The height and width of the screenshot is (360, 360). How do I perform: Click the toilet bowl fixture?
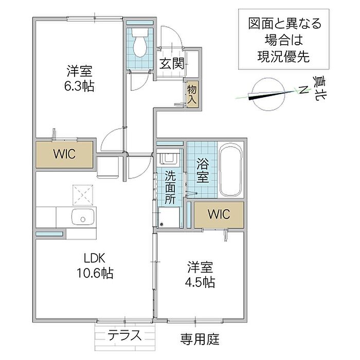[x=140, y=43]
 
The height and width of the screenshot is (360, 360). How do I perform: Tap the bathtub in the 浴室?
[x=231, y=170]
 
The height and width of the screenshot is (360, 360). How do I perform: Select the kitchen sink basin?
[x=83, y=217]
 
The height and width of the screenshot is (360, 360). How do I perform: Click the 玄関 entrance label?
[x=172, y=64]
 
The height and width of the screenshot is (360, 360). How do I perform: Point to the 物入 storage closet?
[x=192, y=94]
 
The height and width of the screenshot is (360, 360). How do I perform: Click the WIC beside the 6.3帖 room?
[x=64, y=154]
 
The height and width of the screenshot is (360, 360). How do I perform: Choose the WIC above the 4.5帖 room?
[x=219, y=214]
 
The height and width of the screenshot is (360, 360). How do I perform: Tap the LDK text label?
[x=95, y=258]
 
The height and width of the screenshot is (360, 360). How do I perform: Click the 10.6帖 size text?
[x=95, y=273]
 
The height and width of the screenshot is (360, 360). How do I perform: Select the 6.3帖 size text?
[x=79, y=86]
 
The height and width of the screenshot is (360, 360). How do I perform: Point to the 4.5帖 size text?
[x=200, y=282]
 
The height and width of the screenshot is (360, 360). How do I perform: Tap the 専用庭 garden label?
[x=200, y=339]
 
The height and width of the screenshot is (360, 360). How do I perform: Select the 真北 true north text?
[x=319, y=88]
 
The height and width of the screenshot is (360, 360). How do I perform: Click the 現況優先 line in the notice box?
[x=284, y=56]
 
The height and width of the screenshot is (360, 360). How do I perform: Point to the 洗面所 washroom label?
[x=170, y=188]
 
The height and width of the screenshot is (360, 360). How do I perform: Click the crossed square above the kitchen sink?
[x=83, y=195]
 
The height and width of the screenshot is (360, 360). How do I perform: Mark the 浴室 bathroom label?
[x=203, y=171]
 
